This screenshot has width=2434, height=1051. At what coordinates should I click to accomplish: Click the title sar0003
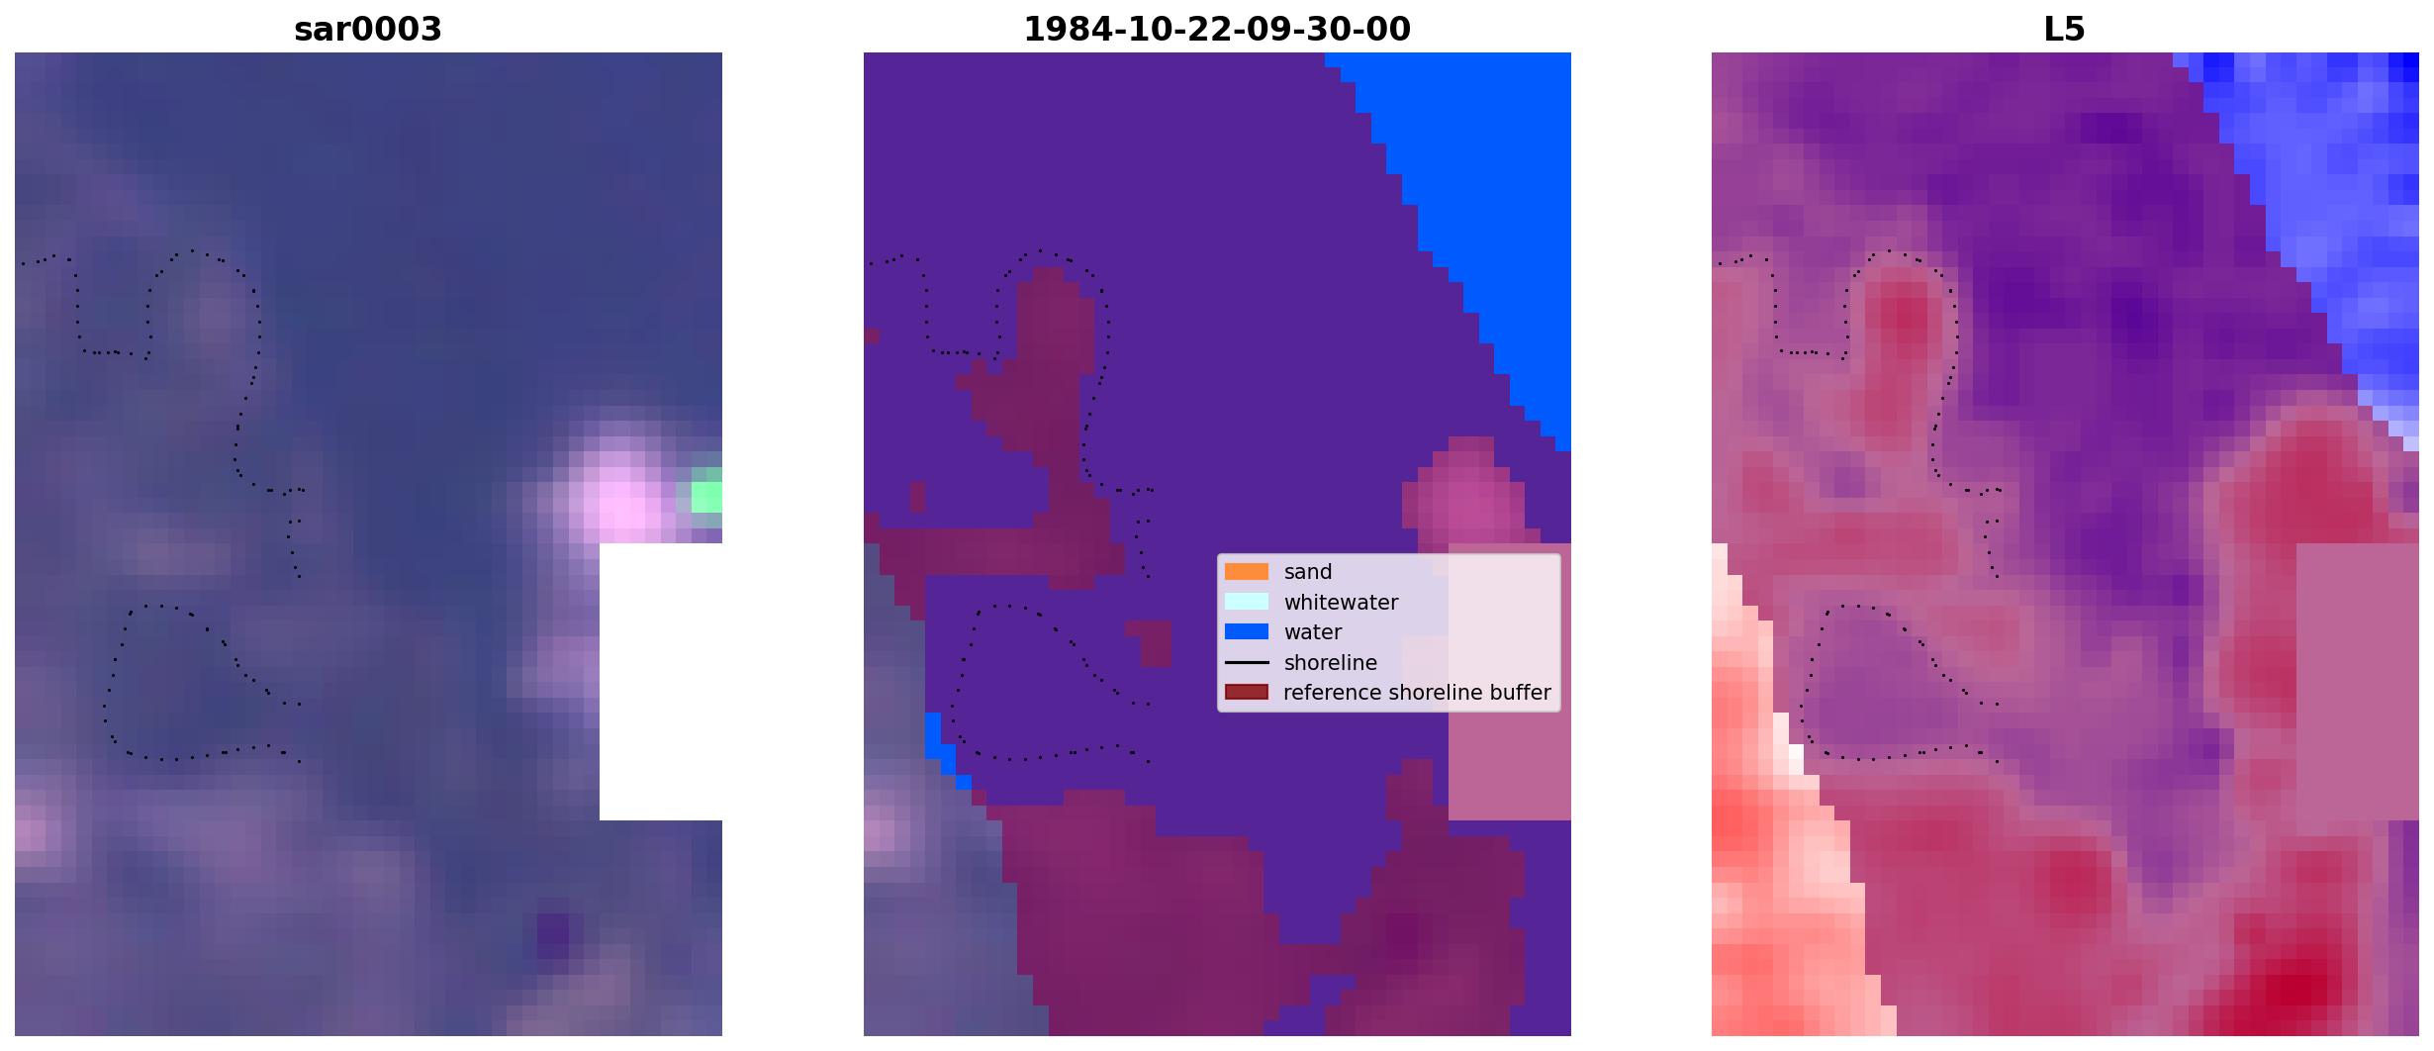(x=368, y=29)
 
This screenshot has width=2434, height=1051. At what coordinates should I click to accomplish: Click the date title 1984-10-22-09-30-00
(x=1217, y=29)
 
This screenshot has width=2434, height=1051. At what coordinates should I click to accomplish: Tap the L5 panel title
(x=2065, y=29)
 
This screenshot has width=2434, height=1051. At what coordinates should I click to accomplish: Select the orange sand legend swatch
(x=1247, y=572)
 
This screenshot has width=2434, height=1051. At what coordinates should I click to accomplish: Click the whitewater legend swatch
(x=1247, y=602)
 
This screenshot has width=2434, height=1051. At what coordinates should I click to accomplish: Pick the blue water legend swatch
(x=1247, y=631)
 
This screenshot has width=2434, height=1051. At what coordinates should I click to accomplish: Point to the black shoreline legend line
(x=1247, y=662)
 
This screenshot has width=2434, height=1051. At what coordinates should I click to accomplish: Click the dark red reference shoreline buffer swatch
(x=1247, y=692)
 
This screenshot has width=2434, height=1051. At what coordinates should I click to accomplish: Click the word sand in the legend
(x=1308, y=572)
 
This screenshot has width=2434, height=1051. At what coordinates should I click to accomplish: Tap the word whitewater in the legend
(x=1341, y=602)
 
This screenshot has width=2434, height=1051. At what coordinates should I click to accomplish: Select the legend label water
(x=1313, y=631)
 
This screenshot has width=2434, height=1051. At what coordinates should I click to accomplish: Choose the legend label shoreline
(x=1330, y=662)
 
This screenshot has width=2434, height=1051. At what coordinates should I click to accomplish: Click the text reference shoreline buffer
(x=1417, y=693)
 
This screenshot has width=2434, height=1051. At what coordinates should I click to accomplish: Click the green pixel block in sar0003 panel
(x=705, y=491)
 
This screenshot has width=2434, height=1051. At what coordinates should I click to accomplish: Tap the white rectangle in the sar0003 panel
(x=661, y=682)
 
